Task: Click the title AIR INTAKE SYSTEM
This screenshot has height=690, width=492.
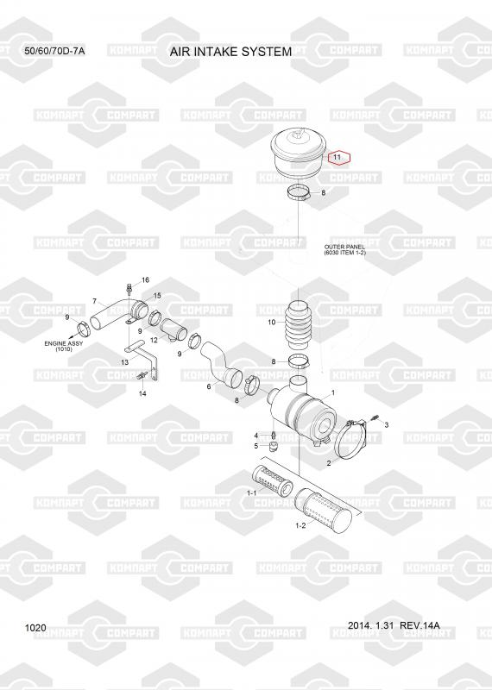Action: click(230, 52)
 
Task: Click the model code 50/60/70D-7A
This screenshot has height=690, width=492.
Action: click(54, 51)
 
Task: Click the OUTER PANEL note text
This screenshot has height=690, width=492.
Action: click(345, 250)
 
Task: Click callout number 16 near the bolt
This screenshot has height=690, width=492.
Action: click(145, 279)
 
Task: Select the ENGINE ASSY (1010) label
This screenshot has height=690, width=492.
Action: click(61, 346)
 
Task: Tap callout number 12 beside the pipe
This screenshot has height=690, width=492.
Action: click(154, 340)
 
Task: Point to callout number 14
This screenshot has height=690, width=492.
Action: click(142, 393)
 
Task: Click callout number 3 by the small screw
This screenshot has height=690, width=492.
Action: click(387, 425)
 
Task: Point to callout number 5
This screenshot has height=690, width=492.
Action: click(255, 446)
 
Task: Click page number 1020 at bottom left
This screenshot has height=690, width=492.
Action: click(35, 628)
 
